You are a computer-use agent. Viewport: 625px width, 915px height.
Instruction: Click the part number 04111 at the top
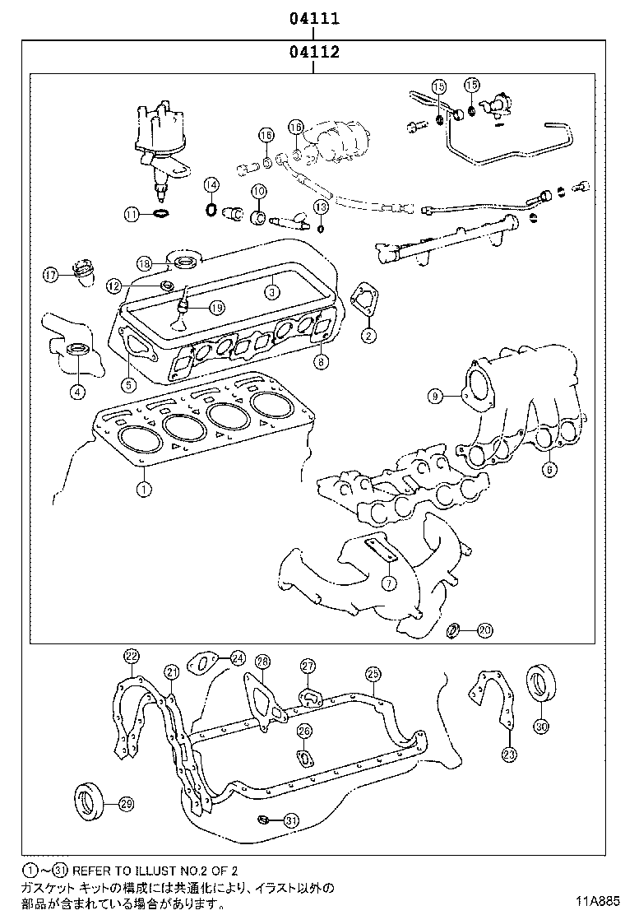click(313, 18)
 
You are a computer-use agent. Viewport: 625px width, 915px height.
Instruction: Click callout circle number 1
click(143, 490)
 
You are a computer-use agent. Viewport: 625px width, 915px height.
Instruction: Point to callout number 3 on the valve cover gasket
click(271, 290)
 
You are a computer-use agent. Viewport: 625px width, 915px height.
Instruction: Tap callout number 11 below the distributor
click(132, 215)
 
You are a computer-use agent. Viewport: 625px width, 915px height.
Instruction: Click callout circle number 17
click(51, 275)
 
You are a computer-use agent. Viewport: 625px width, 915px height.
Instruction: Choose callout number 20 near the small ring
click(484, 631)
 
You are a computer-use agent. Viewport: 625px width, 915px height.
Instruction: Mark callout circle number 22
click(132, 656)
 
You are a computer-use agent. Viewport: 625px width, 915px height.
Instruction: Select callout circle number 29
click(126, 805)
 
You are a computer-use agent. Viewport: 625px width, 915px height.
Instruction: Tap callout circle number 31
click(290, 820)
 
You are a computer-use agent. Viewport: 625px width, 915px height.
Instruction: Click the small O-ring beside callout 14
click(211, 209)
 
